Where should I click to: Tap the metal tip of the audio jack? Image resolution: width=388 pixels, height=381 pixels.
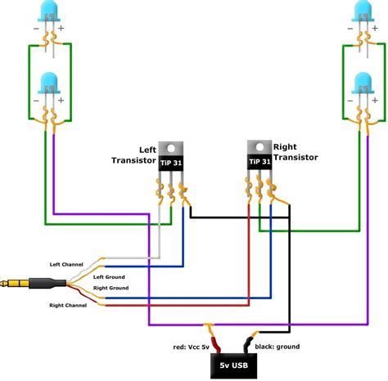coord(7,285)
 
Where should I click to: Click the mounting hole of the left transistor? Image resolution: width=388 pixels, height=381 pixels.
coord(172,147)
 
